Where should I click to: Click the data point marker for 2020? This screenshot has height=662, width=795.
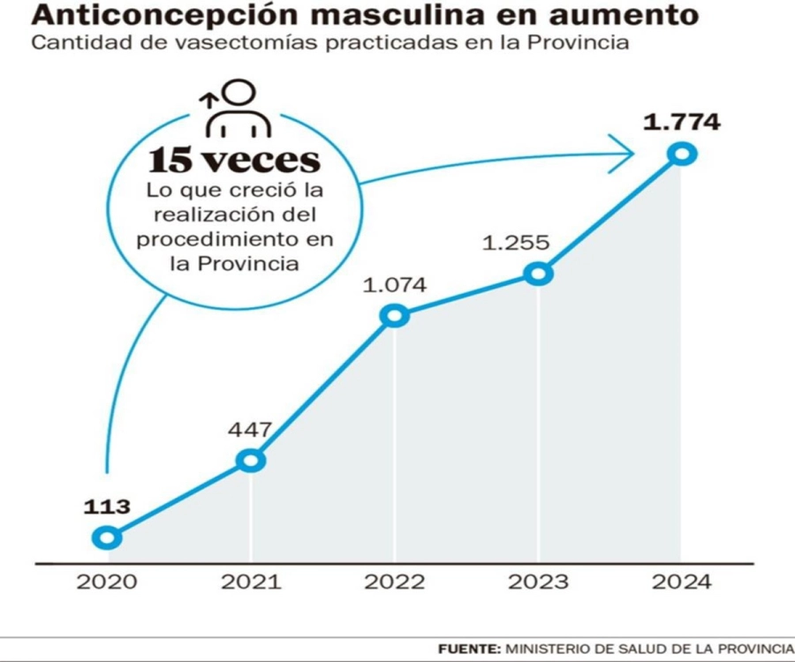[107, 537]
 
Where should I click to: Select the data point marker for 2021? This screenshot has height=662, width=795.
[251, 460]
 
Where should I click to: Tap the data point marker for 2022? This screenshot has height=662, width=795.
[395, 316]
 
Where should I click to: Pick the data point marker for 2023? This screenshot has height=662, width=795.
[538, 274]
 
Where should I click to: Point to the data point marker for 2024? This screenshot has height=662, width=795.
[682, 154]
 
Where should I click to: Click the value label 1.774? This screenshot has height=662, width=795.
[681, 122]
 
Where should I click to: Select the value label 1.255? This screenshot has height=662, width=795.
[516, 243]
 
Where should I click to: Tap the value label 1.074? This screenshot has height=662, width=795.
[395, 285]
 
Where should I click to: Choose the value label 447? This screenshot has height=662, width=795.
[251, 430]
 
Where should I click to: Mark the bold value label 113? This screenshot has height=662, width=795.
[107, 507]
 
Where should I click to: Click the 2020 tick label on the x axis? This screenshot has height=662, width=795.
[107, 583]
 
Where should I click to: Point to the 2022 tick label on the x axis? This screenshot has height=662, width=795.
[395, 583]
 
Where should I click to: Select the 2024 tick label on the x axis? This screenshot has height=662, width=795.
[681, 583]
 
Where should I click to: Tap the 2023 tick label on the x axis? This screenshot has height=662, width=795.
[538, 583]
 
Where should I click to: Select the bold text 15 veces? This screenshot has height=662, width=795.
[234, 161]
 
